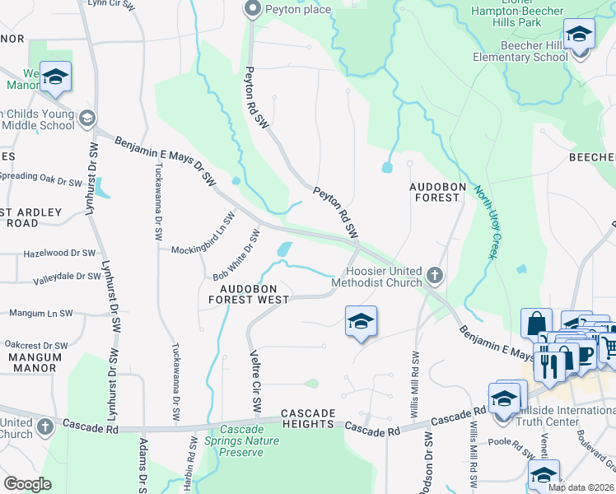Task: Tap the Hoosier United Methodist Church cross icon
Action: (435, 275)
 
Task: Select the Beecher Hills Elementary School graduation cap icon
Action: (580, 35)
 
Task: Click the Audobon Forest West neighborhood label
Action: (259, 294)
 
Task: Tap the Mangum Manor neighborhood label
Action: (35, 362)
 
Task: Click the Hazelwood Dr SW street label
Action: (60, 254)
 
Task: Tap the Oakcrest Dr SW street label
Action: (35, 346)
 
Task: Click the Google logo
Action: (27, 484)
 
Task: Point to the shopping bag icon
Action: (537, 322)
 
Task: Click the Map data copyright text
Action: (581, 487)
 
